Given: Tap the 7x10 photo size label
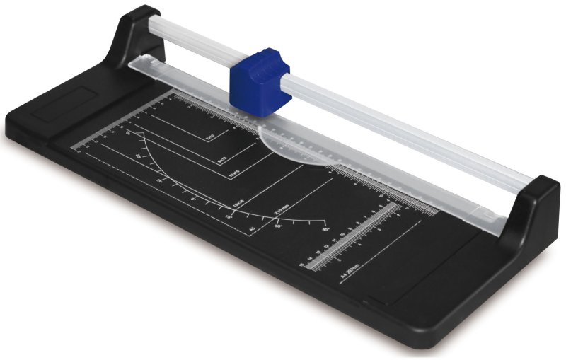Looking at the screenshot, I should (x=209, y=139).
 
